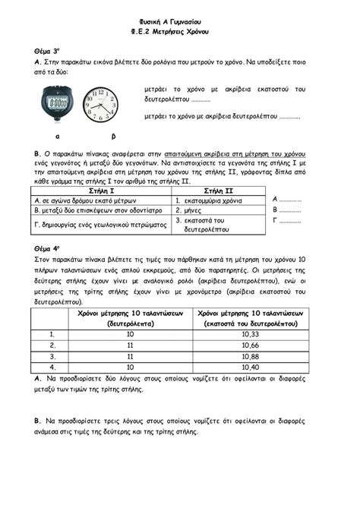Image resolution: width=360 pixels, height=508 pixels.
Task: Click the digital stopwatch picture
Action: pyautogui.click(x=58, y=103)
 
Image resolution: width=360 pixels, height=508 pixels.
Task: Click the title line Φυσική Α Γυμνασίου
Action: pyautogui.click(x=180, y=20)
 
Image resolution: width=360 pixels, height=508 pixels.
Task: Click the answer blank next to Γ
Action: pyautogui.click(x=291, y=222)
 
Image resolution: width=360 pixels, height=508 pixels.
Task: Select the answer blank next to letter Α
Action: pyautogui.click(x=292, y=199)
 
